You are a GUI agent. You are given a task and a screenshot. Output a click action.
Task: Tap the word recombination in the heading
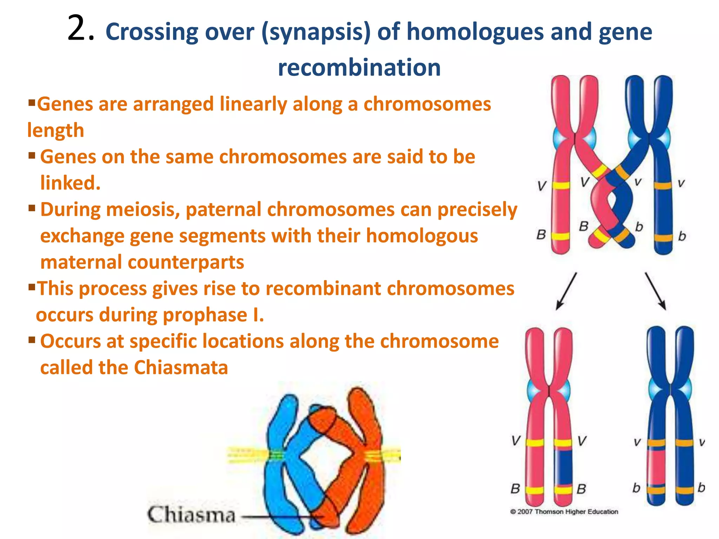(x=359, y=68)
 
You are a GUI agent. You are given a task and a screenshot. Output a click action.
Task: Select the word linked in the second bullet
(x=70, y=183)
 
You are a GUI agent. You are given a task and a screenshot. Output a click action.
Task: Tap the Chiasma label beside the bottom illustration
(x=191, y=515)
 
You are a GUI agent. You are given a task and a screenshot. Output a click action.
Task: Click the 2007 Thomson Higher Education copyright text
(x=564, y=512)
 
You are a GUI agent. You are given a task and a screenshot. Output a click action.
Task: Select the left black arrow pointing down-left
(x=566, y=291)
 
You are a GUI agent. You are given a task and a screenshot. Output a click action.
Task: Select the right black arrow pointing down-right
(x=655, y=291)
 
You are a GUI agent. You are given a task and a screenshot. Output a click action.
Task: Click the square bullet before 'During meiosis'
(x=32, y=208)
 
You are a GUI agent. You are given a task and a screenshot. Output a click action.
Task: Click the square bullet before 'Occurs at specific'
(x=32, y=340)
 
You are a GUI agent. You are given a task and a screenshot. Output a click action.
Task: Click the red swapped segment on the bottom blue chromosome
(x=656, y=467)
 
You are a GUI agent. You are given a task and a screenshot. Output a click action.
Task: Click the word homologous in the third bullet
(x=422, y=236)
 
